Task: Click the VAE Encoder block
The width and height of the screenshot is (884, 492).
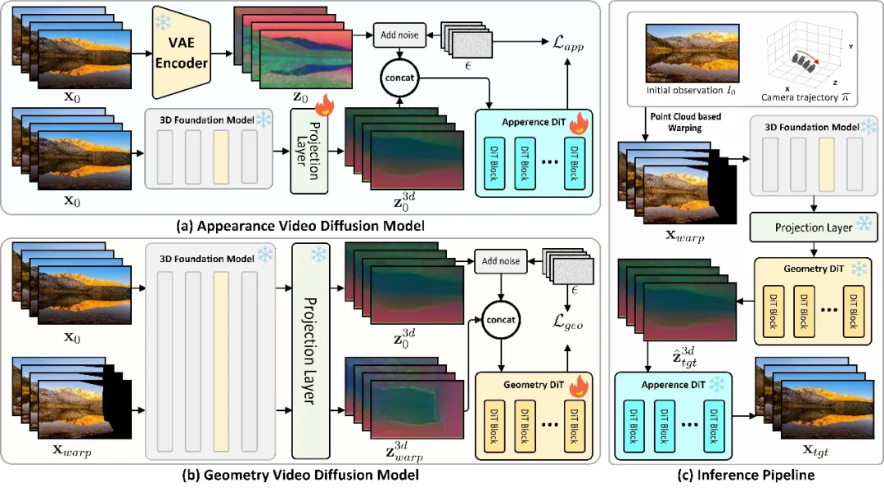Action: coord(181,53)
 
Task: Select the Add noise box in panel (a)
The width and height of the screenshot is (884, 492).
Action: coord(399,35)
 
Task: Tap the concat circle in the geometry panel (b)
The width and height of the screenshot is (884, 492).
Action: coord(500,319)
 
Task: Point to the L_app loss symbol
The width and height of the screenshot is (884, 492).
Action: coord(568,43)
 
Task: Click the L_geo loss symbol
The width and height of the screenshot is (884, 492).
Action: coord(567,321)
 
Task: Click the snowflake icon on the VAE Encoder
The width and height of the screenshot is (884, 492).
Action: coord(163,23)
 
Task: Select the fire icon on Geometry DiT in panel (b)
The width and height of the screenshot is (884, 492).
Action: coord(579,386)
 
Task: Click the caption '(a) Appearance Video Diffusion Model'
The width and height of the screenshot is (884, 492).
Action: coord(300,226)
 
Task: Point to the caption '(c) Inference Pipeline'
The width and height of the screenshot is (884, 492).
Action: coord(746,475)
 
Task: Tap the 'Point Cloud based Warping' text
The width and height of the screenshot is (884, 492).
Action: coord(685,122)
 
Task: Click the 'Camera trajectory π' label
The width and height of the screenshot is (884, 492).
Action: coord(805,97)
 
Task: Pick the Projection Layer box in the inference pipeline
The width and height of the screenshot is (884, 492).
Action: coord(814,227)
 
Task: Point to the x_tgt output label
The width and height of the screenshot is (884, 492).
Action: coord(815,450)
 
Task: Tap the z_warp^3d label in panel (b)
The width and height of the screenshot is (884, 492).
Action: coord(404,451)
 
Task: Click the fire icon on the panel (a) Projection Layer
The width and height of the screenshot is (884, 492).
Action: coord(324,105)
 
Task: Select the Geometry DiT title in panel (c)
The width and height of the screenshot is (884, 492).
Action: coord(814,269)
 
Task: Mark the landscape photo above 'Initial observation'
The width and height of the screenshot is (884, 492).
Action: coord(692,53)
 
